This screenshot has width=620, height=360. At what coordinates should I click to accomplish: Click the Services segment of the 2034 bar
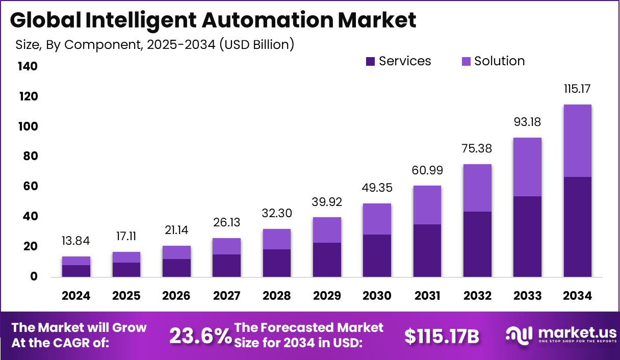(x=578, y=227)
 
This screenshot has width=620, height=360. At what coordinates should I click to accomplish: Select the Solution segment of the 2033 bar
(x=527, y=167)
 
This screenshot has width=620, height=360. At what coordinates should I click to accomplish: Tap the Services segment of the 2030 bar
(x=377, y=255)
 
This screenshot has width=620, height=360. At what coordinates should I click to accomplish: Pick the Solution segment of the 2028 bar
(x=276, y=239)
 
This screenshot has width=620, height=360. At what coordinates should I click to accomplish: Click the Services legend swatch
(x=371, y=62)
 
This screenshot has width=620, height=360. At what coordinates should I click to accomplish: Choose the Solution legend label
(x=499, y=61)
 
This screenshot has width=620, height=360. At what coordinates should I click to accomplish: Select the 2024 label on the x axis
(x=76, y=296)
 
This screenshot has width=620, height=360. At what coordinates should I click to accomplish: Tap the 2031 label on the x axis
(x=427, y=296)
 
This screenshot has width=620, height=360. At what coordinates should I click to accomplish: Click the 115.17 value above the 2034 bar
(x=578, y=89)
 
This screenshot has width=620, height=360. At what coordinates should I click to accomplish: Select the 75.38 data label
(x=477, y=148)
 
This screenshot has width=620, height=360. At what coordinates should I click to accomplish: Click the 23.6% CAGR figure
(x=200, y=336)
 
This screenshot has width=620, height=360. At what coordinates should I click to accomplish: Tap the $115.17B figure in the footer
(x=442, y=336)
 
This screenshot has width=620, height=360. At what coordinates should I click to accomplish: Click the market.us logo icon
(x=519, y=335)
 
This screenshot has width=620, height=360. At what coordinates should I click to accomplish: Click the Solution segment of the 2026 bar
(x=176, y=252)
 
